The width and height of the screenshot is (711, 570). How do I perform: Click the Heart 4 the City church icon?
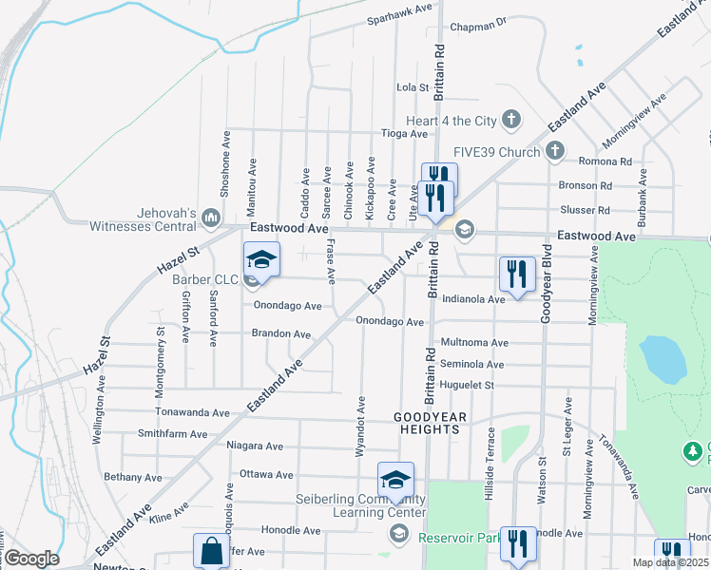click(x=511, y=120)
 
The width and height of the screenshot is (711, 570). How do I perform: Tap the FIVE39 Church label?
click(x=496, y=151)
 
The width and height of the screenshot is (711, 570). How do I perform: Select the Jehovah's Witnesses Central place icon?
click(x=211, y=220)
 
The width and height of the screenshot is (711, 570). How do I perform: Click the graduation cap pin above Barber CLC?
click(x=261, y=260)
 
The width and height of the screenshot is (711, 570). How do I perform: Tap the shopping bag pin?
click(x=211, y=551)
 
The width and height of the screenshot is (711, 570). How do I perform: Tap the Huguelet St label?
click(x=467, y=386)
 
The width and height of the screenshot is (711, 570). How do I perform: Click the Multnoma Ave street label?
click(x=474, y=343)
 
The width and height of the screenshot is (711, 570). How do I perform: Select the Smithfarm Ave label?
click(x=171, y=434)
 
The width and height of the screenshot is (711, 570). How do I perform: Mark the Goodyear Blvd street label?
click(x=547, y=283)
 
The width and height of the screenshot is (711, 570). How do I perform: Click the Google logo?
click(x=31, y=558)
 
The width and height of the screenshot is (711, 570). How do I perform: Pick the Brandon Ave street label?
click(x=280, y=334)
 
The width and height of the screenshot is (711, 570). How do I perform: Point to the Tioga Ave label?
click(x=404, y=134)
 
